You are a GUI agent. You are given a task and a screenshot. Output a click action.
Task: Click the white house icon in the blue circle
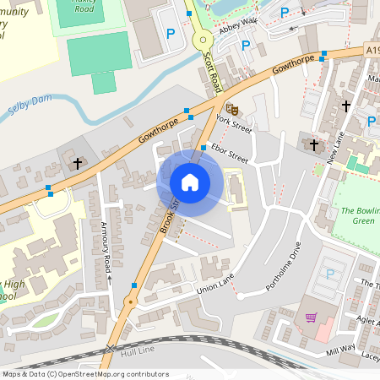click(x=190, y=182)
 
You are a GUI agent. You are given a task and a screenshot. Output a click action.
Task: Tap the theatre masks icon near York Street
click(x=231, y=107)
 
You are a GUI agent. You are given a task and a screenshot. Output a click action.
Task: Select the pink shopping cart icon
click(x=312, y=318)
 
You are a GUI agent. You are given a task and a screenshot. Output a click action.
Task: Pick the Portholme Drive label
click(x=284, y=269)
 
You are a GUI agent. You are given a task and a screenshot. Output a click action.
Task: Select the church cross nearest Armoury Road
click(x=78, y=162)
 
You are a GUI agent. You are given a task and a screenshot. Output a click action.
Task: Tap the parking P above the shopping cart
click(x=329, y=274)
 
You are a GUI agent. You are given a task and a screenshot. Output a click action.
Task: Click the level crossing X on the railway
click(x=109, y=349)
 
